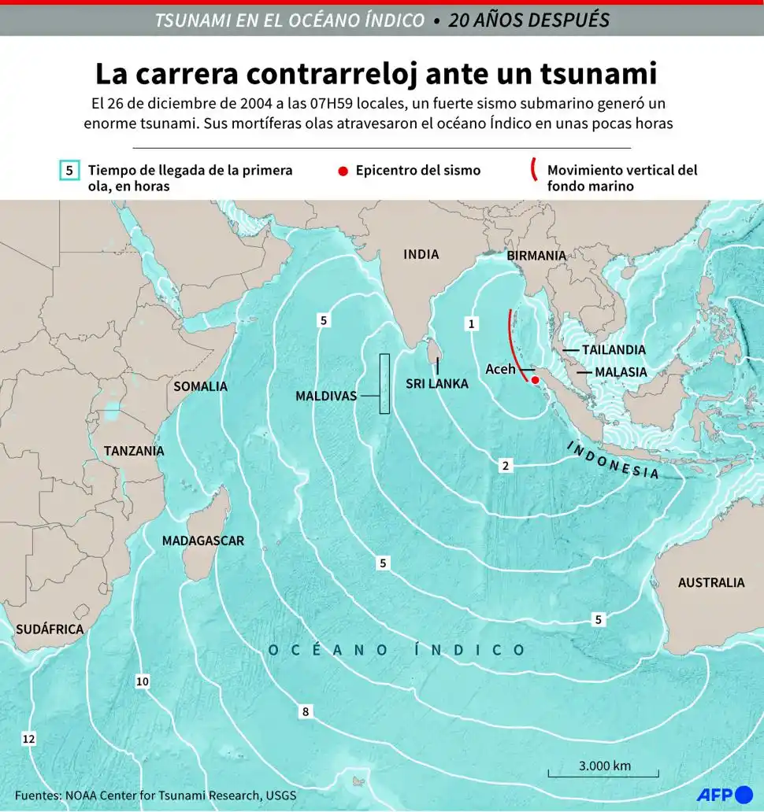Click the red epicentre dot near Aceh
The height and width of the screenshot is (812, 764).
click(x=536, y=381)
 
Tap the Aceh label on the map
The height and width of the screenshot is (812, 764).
click(x=500, y=369)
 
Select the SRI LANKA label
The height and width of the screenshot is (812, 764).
click(x=437, y=384)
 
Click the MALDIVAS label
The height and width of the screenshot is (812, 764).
click(x=325, y=396)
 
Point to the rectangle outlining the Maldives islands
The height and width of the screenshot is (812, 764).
click(x=384, y=383)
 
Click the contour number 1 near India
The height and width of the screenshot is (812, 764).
click(x=471, y=323)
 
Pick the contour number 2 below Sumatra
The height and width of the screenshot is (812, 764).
click(x=505, y=466)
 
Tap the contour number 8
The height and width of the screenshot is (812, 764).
click(x=305, y=712)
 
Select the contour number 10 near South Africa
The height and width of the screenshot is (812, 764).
click(x=142, y=681)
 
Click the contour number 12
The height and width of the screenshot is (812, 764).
click(x=29, y=739)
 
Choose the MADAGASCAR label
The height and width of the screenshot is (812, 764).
click(x=202, y=541)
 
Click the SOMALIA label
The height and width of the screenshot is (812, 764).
click(x=200, y=386)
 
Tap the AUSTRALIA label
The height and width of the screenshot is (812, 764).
click(x=711, y=582)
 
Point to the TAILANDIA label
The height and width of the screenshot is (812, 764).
click(x=614, y=349)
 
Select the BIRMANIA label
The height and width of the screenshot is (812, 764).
click(x=536, y=256)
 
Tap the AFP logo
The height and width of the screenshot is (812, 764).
click(x=723, y=795)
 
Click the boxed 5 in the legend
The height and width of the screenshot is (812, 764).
click(x=69, y=170)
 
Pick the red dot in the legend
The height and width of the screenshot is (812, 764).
click(x=342, y=170)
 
